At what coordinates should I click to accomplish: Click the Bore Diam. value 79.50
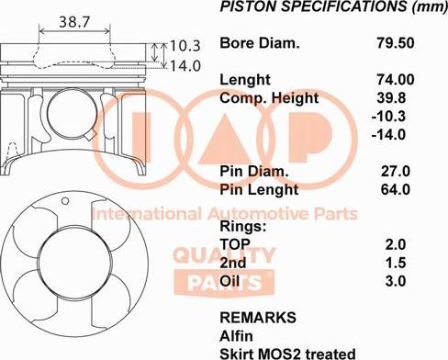click(393, 43)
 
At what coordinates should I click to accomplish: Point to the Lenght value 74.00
click(393, 80)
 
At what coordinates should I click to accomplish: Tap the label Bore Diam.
click(260, 43)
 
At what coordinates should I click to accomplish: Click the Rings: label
click(243, 225)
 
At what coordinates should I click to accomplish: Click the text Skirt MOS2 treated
click(287, 353)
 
